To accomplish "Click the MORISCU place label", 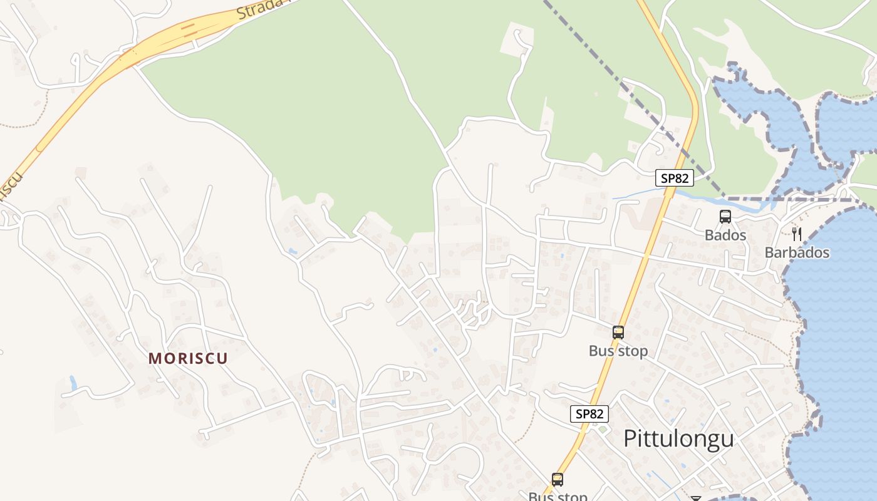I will click(x=188, y=358).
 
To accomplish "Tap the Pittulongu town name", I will click(x=678, y=438).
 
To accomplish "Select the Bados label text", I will click(x=725, y=235).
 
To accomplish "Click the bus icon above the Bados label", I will click(x=725, y=217).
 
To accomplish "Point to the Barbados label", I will click(x=797, y=253).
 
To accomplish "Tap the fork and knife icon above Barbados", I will click(x=797, y=234).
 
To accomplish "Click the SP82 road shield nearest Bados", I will click(x=675, y=178).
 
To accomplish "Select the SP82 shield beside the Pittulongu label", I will click(x=589, y=414).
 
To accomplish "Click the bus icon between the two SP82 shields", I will click(x=618, y=333).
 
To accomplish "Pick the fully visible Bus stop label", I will click(x=618, y=351).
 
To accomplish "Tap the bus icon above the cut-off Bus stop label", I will click(x=557, y=480).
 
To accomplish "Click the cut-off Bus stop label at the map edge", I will click(x=558, y=497).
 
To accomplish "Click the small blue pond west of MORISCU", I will click(x=73, y=383).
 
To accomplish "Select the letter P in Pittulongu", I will click(x=630, y=438).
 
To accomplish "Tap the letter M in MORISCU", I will click(x=154, y=358).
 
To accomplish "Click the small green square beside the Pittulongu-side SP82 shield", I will click(x=602, y=430).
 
